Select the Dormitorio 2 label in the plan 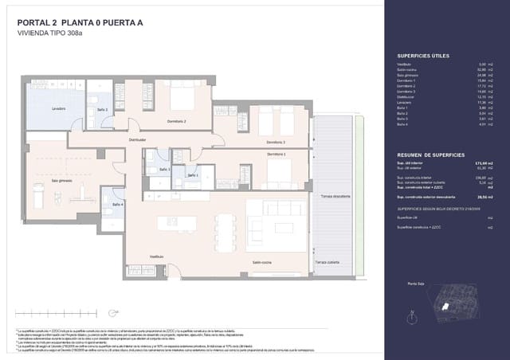(x=177, y=121)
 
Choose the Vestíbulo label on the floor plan (x=157, y=256)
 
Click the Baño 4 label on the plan (x=117, y=205)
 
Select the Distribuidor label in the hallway (x=138, y=139)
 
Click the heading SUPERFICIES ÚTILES (x=422, y=56)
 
